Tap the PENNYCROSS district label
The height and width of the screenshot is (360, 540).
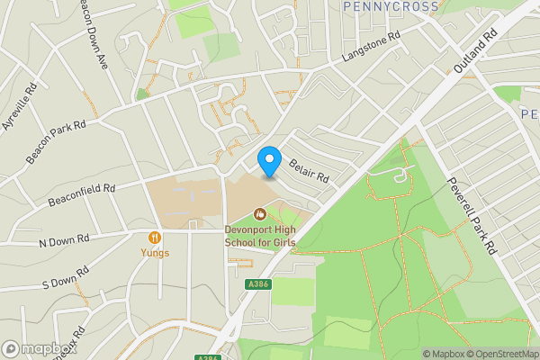[391, 6]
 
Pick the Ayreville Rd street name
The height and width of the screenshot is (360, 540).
[19, 106]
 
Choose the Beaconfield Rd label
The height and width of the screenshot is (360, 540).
[83, 190]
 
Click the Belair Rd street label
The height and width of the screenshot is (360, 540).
[309, 170]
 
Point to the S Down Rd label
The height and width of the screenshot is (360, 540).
[66, 277]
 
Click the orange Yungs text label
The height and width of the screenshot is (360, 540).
[154, 253]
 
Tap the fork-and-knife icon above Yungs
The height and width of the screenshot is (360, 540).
[154, 238]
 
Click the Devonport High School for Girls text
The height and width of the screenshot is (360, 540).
[260, 236]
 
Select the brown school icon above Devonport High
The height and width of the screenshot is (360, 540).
[260, 214]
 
